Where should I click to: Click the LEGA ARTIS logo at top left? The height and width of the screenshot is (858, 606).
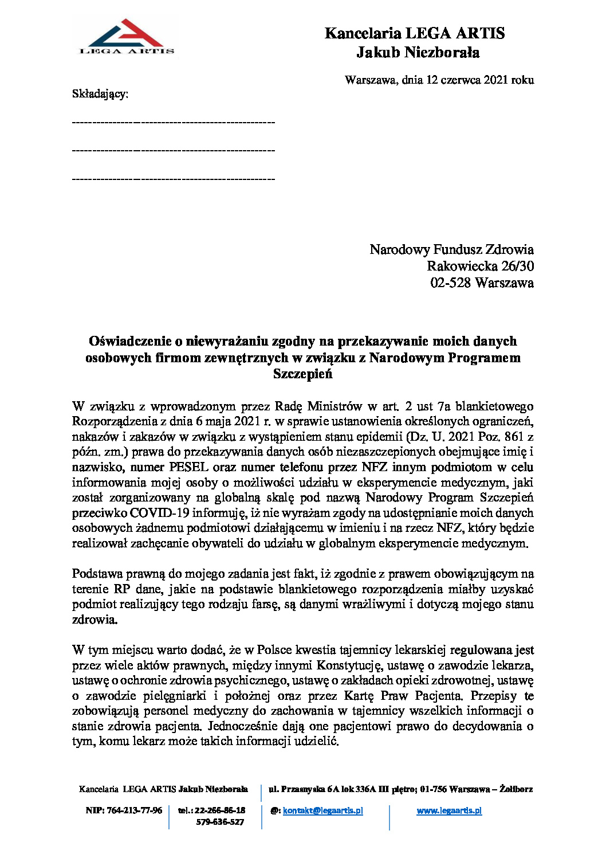click(x=127, y=37)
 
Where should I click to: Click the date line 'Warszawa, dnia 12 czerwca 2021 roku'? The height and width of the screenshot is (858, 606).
click(x=439, y=80)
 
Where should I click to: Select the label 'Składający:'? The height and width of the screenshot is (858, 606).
click(x=100, y=93)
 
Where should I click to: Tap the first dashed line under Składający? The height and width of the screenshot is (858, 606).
click(x=174, y=122)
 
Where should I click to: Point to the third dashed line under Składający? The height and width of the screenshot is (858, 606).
click(x=174, y=178)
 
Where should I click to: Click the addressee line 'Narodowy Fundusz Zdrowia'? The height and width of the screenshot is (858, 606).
click(x=451, y=249)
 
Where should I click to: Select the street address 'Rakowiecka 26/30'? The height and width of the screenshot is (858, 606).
click(x=480, y=266)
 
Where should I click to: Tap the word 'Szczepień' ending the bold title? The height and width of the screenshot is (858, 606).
click(x=302, y=374)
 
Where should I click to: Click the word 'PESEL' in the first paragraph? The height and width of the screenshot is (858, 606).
click(x=188, y=467)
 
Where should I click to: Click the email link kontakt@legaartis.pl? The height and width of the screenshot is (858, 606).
click(x=322, y=810)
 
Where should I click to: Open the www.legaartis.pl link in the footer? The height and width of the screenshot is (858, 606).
click(x=449, y=810)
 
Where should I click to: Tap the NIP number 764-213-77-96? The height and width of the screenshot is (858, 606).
click(x=134, y=810)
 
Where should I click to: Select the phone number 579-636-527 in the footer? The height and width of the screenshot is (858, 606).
click(x=220, y=822)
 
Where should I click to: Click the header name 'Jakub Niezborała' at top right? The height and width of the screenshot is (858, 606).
click(x=418, y=53)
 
